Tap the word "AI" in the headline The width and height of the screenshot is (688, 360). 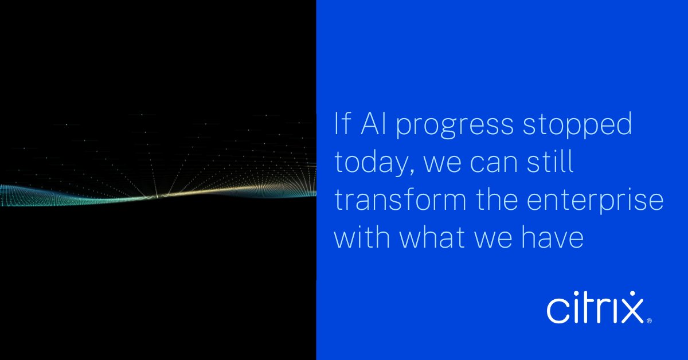pos(373,126)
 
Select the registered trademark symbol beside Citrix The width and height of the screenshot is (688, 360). pos(649,321)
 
